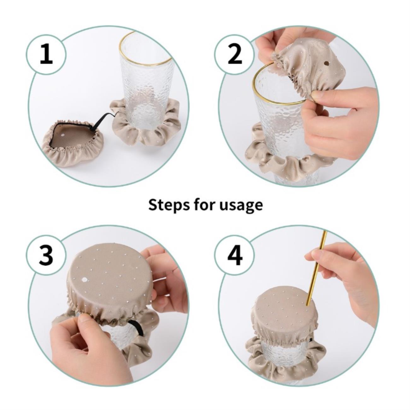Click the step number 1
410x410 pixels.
[x=46, y=55]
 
